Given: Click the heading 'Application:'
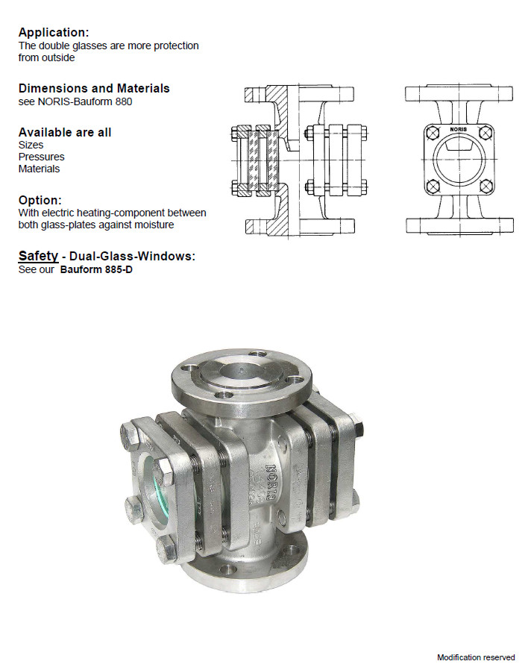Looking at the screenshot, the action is click(54, 32).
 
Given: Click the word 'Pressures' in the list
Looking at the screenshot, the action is click(41, 157).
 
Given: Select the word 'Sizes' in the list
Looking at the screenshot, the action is click(31, 145).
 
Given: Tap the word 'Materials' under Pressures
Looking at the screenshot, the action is click(39, 169).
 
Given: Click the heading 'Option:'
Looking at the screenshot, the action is click(40, 200).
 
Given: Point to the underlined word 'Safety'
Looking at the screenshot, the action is click(38, 256).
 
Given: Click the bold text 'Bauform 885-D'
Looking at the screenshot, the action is click(96, 269).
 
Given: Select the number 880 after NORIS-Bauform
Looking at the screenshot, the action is click(123, 101).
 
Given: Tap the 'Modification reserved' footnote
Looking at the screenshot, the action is click(476, 657).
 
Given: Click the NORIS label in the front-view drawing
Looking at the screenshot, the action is click(459, 129).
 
